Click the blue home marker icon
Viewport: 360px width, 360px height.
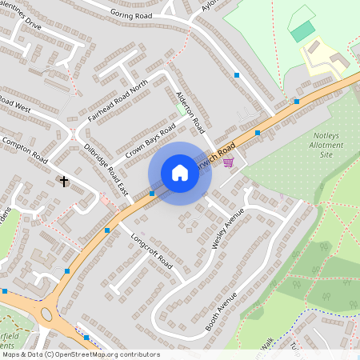click(179, 173)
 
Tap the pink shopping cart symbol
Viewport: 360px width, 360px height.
click(229, 162)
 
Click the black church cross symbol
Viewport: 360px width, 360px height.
click(64, 182)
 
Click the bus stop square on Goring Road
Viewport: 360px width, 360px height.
click(237, 75)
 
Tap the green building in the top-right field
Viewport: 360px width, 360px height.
click(302, 31)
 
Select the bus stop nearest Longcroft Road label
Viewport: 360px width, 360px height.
click(107, 230)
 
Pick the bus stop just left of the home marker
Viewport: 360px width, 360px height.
click(152, 193)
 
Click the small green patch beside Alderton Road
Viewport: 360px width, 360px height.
click(182, 107)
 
